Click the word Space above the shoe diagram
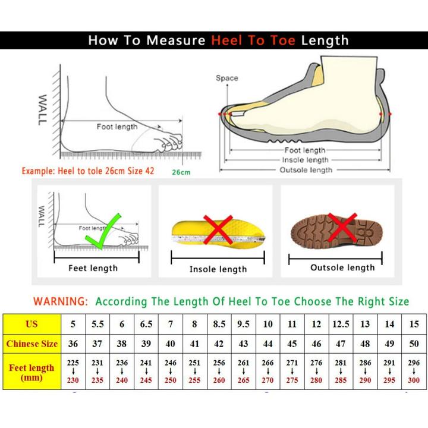(226, 78)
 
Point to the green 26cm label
(181, 172)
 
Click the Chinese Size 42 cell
(219, 344)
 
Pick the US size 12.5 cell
(341, 324)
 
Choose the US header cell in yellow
(32, 324)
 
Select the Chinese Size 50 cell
(414, 344)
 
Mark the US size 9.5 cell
(244, 324)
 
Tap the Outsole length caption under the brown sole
(342, 267)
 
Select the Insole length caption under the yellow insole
(218, 269)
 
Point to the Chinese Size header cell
(32, 344)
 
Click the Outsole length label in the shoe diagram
(306, 170)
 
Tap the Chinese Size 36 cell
(73, 344)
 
